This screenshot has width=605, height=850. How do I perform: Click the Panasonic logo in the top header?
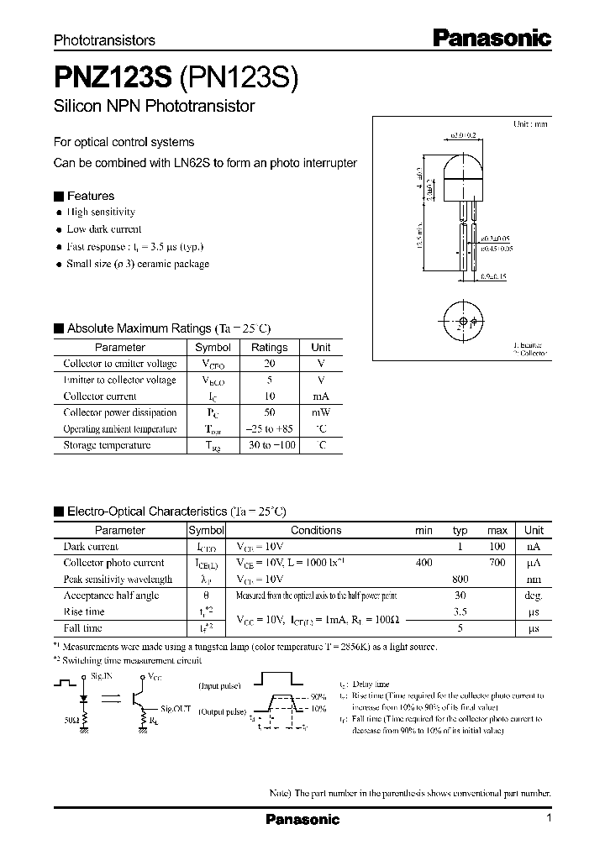point(492,37)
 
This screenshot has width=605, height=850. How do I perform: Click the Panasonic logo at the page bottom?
point(302,819)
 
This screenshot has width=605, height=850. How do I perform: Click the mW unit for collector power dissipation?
point(320,412)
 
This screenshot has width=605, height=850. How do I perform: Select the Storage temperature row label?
point(107,445)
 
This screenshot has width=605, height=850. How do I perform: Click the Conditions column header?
point(316,530)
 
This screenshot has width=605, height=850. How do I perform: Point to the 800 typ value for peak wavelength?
point(460,579)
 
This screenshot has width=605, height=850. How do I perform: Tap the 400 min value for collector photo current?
point(423,563)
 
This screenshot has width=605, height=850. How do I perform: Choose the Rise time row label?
point(84,611)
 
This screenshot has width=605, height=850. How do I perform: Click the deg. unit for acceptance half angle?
point(534,596)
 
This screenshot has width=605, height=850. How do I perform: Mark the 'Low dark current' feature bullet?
point(104,229)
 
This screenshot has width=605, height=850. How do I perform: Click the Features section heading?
point(90,196)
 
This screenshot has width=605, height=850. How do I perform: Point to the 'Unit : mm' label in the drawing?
point(530,123)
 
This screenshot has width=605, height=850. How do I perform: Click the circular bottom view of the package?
point(460,322)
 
